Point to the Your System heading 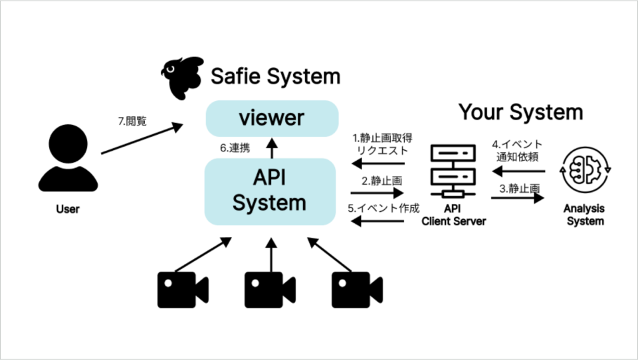(520, 112)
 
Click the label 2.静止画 (379, 181)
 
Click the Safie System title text (275, 76)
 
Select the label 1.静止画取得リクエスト (379, 144)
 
